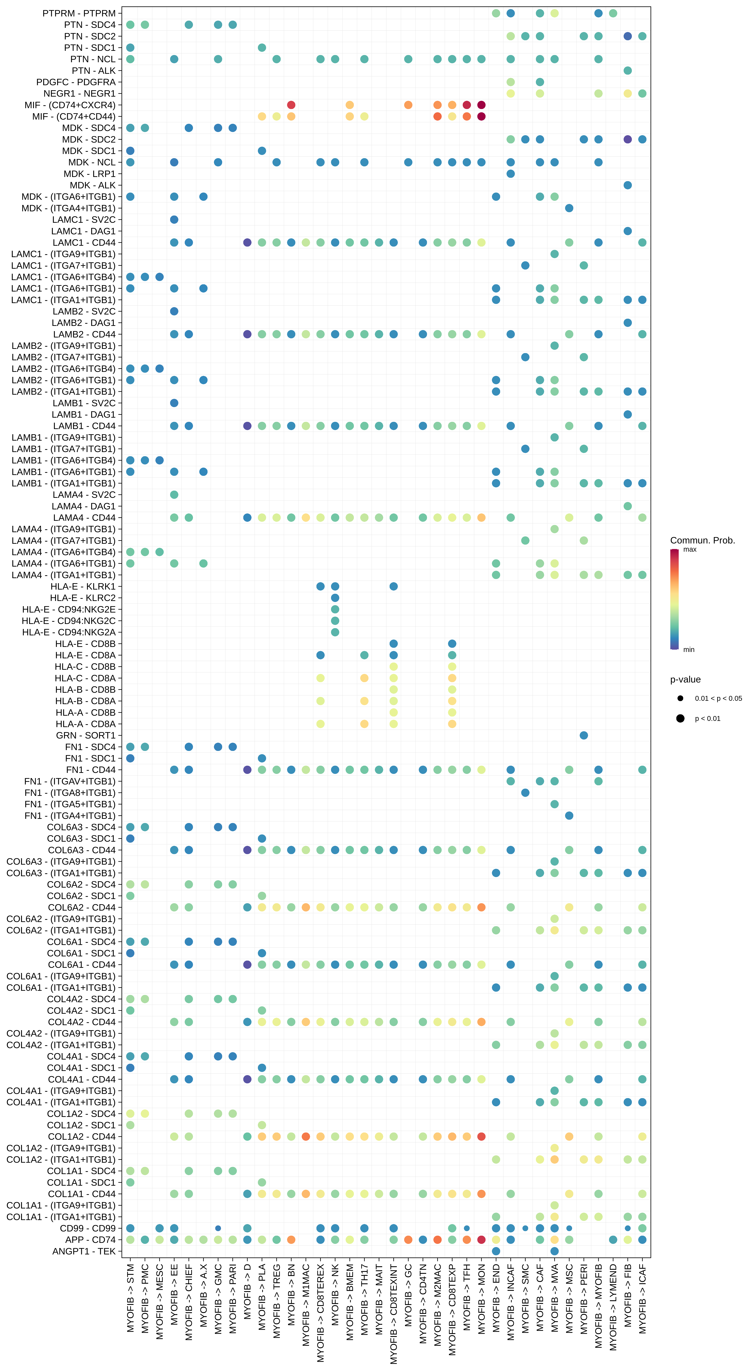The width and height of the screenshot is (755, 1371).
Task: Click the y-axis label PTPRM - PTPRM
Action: (79, 13)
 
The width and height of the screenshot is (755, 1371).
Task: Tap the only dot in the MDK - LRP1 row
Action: (511, 173)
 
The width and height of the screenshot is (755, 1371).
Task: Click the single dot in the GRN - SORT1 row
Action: (584, 735)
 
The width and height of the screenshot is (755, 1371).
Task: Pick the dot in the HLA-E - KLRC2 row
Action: (335, 598)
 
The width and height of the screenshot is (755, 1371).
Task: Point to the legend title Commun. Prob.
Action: (702, 540)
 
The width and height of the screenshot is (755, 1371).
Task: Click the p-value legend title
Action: (685, 680)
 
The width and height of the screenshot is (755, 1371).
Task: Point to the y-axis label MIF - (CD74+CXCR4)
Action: (70, 105)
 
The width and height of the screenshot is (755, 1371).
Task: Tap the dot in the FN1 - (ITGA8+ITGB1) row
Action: (525, 793)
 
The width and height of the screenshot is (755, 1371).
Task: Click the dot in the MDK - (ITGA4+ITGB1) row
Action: (569, 208)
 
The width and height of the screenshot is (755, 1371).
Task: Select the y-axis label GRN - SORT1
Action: (86, 735)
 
